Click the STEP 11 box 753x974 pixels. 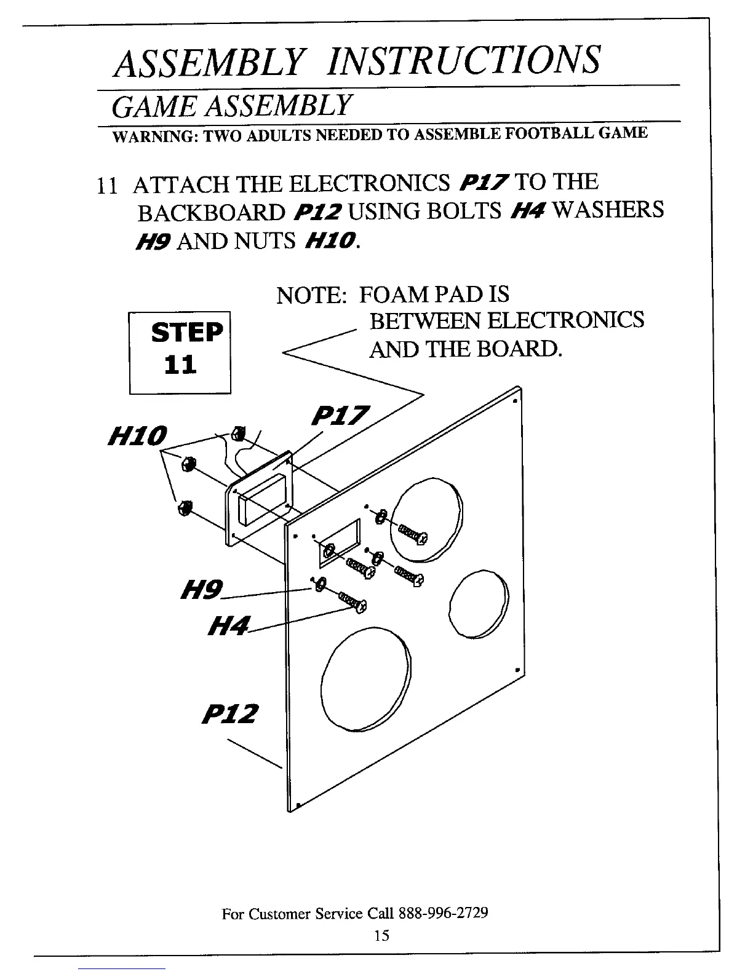(x=180, y=352)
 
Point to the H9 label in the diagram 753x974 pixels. (x=201, y=591)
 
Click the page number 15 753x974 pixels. (x=381, y=935)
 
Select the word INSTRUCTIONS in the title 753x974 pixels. (x=464, y=60)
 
